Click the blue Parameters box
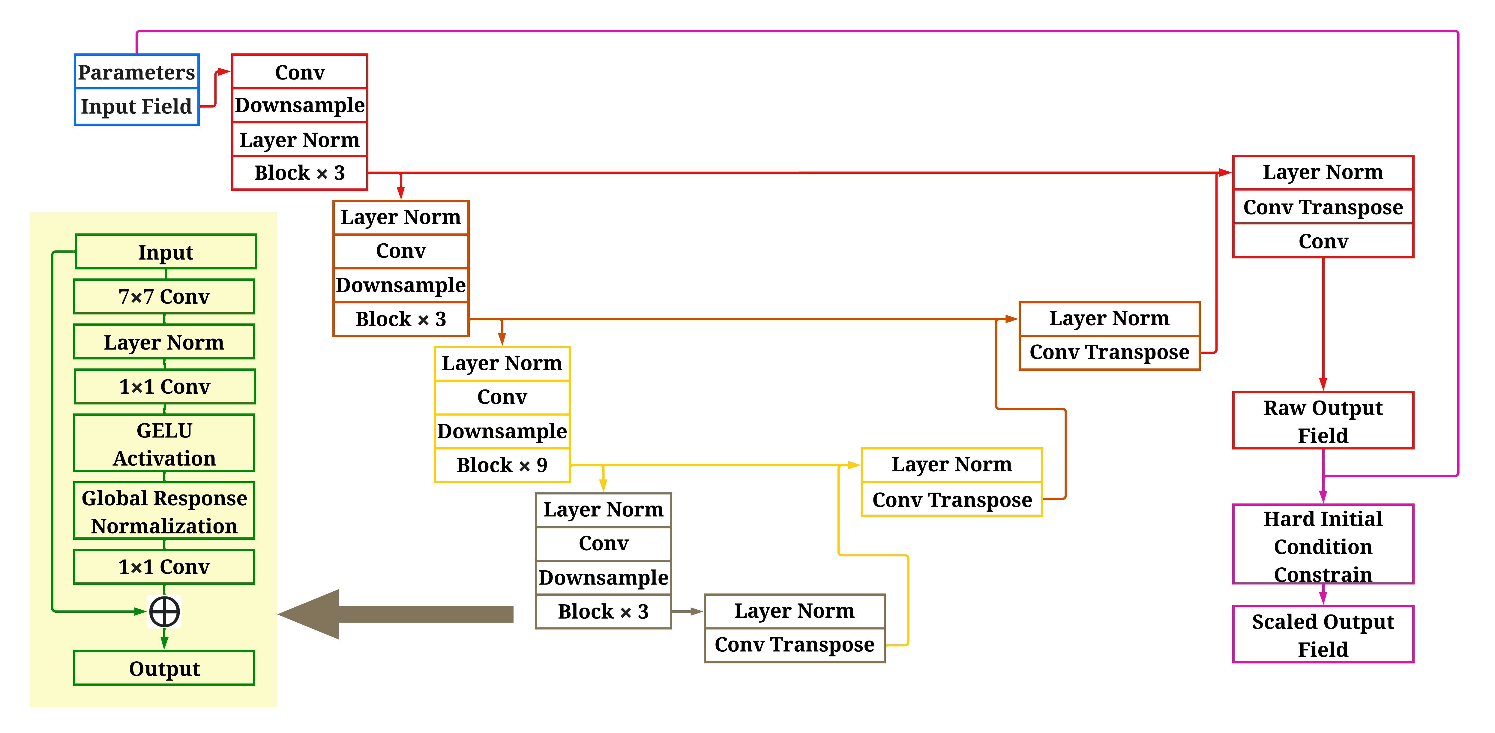(x=136, y=72)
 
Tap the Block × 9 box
(x=502, y=465)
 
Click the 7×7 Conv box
(x=164, y=296)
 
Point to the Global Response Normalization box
(x=164, y=511)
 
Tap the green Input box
(x=165, y=252)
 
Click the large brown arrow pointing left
(x=395, y=614)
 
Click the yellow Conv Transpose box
(x=952, y=499)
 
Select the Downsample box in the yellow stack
(x=502, y=431)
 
